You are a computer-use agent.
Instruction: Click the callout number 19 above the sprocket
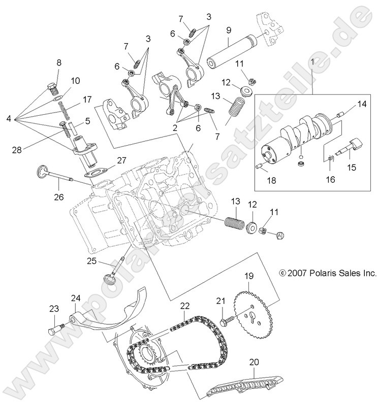pyautogui.click(x=248, y=277)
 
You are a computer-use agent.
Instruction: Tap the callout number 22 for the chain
pyautogui.click(x=184, y=306)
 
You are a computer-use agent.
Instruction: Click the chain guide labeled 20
pyautogui.click(x=244, y=389)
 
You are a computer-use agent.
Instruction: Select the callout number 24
pyautogui.click(x=76, y=298)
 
